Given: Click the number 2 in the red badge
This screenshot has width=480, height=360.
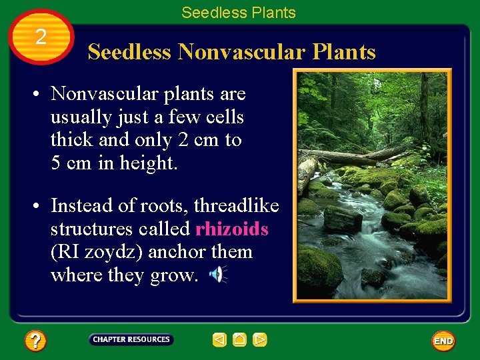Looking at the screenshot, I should click(x=41, y=37).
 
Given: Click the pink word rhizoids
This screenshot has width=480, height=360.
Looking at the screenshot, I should click(x=231, y=229).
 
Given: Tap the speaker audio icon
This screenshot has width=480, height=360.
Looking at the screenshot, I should click(x=217, y=274).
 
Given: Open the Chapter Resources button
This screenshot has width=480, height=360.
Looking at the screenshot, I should click(x=131, y=339).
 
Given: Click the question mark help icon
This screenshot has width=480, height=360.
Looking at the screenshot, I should click(x=35, y=341).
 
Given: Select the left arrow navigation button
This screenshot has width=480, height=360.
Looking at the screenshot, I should click(x=219, y=340).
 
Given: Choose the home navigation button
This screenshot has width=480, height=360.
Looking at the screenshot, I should click(x=240, y=340).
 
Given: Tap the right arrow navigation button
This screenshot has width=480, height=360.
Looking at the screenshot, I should click(x=260, y=340).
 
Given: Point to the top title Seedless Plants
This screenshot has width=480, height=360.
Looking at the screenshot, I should click(x=239, y=13).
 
